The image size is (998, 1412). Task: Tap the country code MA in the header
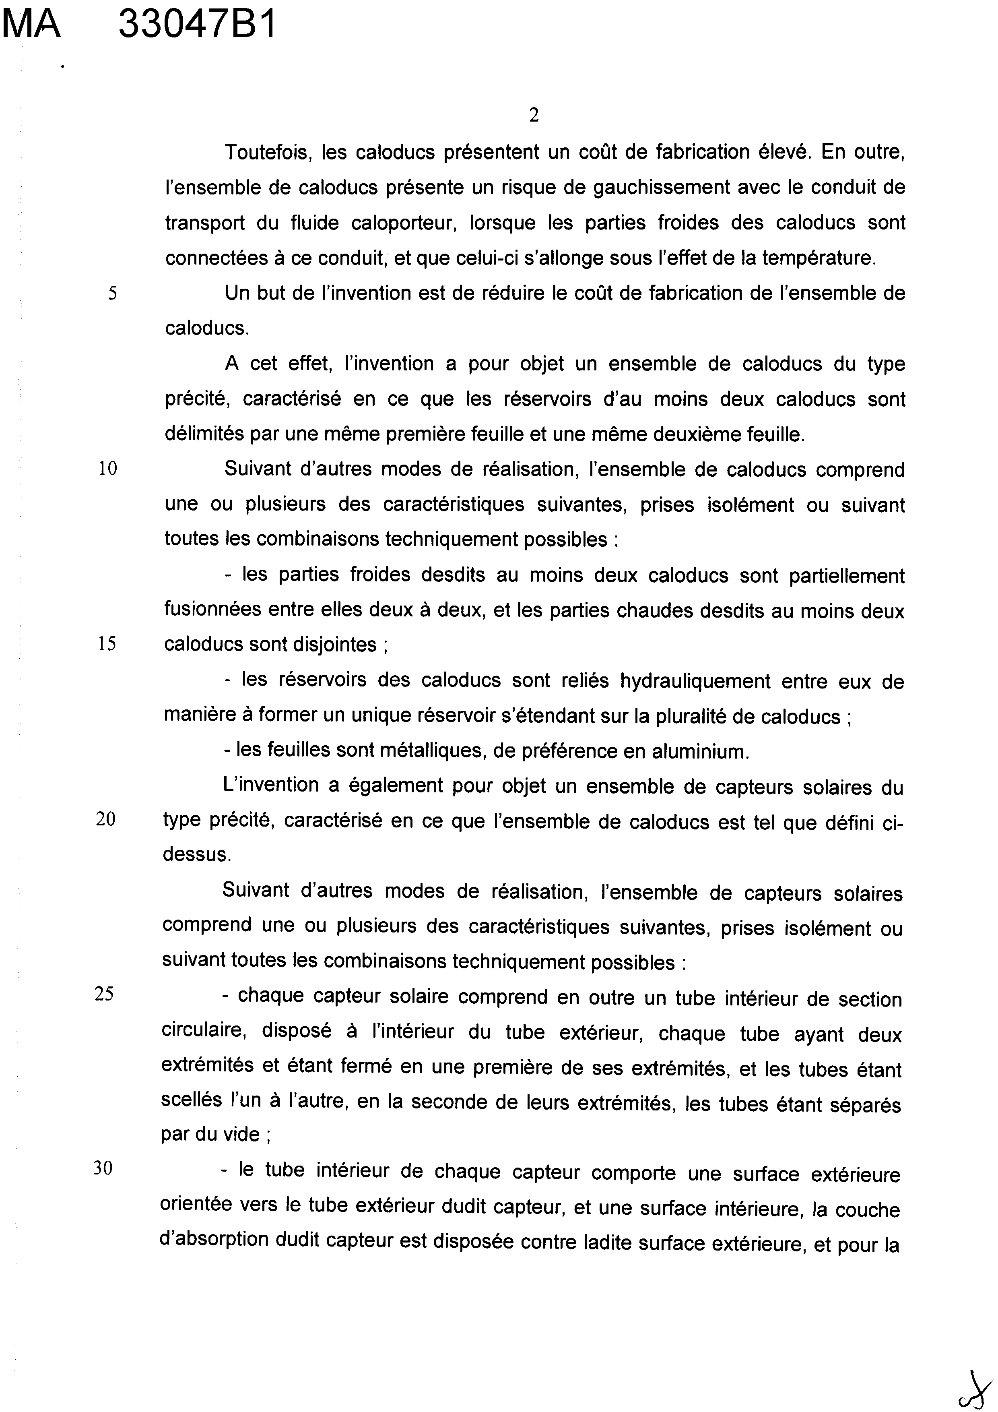[x=32, y=26]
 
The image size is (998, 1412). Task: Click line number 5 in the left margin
[x=112, y=294]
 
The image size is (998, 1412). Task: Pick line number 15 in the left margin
[x=107, y=644]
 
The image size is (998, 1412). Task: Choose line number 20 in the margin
[x=106, y=820]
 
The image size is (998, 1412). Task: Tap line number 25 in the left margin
[x=105, y=994]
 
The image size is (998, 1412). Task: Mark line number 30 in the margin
[x=103, y=1168]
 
